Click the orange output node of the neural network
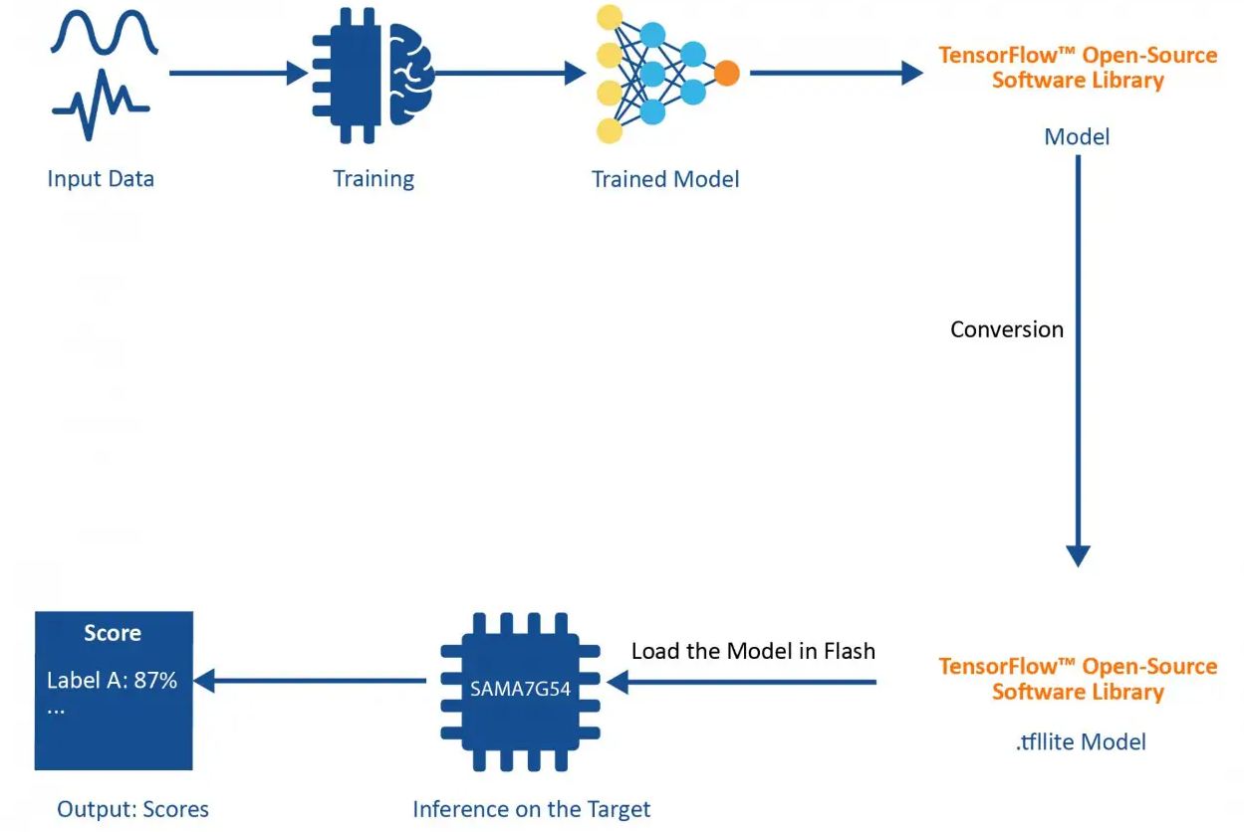click(727, 73)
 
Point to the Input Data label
click(101, 179)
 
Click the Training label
click(373, 179)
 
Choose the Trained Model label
click(665, 179)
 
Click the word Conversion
click(1007, 329)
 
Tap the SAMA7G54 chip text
click(521, 688)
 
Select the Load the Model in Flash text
click(753, 651)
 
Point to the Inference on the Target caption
click(532, 809)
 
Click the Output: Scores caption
click(133, 809)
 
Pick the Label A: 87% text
click(112, 681)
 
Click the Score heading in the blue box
click(113, 633)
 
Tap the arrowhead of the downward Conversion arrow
click(1078, 555)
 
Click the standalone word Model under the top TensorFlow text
click(1077, 136)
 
